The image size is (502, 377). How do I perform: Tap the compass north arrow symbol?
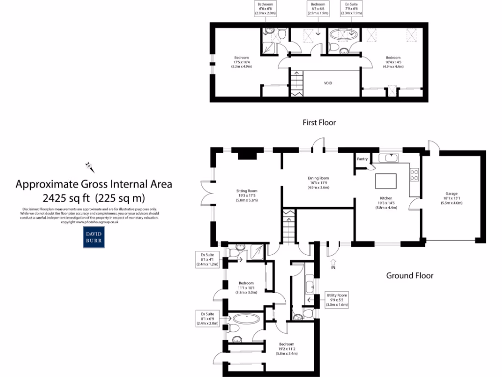pos(90,165)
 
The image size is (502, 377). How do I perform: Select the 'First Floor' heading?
pos(319,122)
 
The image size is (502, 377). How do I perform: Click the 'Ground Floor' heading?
pos(410,275)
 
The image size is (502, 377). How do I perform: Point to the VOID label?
pos(328,83)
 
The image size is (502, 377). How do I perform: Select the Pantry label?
pos(362,159)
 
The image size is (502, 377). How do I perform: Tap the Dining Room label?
pos(318,183)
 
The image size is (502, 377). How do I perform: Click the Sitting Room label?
pos(246,195)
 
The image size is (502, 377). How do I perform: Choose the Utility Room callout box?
pos(337,299)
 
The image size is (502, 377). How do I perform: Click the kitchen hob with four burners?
pos(414,175)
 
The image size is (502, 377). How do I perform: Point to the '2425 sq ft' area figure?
pos(66,198)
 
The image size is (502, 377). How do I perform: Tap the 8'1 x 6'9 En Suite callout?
pos(207,318)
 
